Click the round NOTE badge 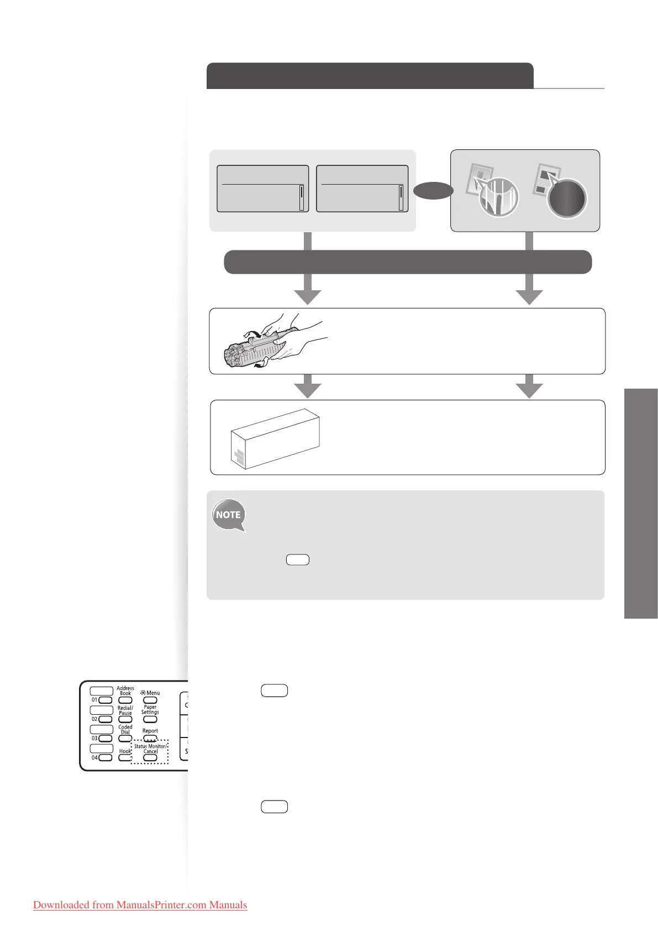tap(228, 515)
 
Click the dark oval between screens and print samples tap(434, 191)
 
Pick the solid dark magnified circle tap(567, 199)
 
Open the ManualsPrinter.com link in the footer tap(140, 905)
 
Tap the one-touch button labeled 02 tap(105, 719)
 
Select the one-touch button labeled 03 tap(105, 739)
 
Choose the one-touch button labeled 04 tap(105, 758)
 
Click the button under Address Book tap(125, 700)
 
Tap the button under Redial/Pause tap(125, 720)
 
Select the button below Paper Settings tap(150, 719)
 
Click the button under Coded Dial tap(125, 739)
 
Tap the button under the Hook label tap(125, 758)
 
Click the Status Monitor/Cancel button tap(150, 758)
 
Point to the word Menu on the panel tap(153, 693)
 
